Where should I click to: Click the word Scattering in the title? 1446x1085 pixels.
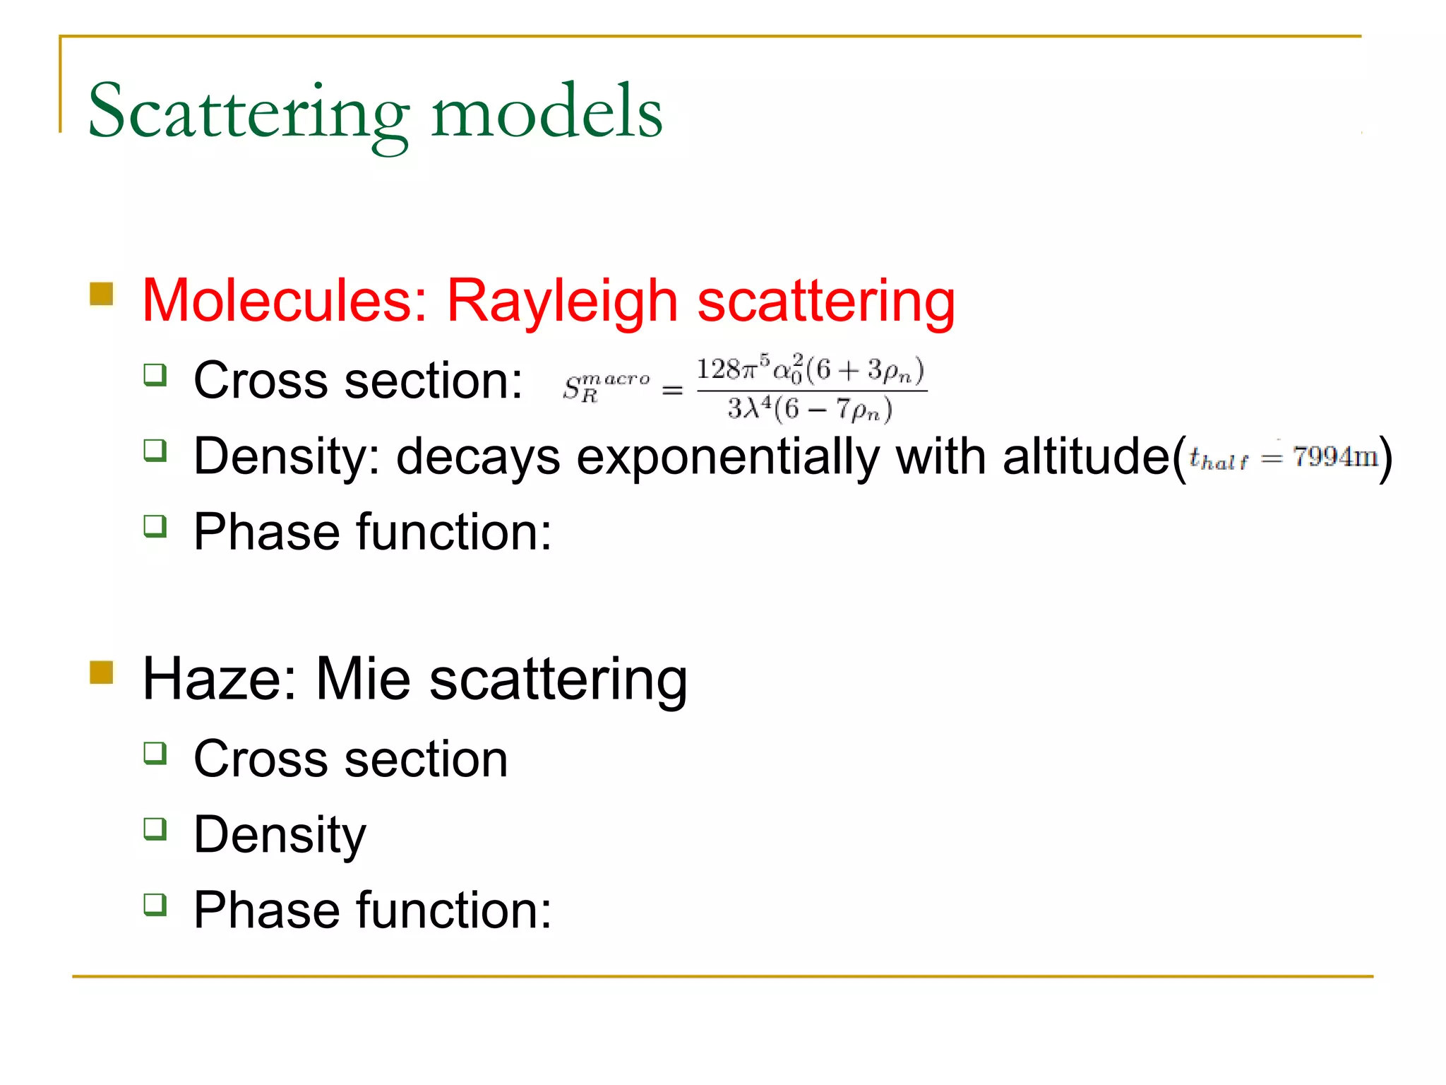pyautogui.click(x=248, y=113)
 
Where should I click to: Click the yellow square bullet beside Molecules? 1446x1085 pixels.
pyautogui.click(x=102, y=294)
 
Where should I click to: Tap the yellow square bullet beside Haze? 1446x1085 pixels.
pyautogui.click(x=102, y=672)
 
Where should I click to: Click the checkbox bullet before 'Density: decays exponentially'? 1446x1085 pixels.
pyautogui.click(x=155, y=450)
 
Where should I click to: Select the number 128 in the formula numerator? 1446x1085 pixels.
pyautogui.click(x=717, y=369)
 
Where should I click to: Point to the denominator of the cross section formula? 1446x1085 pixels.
pyautogui.click(x=810, y=410)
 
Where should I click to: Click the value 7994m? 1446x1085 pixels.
pyautogui.click(x=1335, y=457)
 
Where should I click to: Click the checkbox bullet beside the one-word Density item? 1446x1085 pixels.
pyautogui.click(x=155, y=828)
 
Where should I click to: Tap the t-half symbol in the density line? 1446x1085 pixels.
pyautogui.click(x=1218, y=459)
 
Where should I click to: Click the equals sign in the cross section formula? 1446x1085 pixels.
pyautogui.click(x=672, y=389)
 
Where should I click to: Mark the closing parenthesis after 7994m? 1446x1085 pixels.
pyautogui.click(x=1387, y=458)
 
